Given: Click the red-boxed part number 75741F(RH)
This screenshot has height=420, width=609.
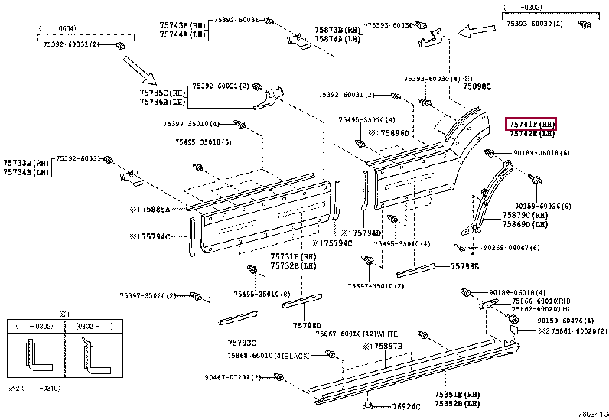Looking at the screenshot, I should click(x=531, y=124).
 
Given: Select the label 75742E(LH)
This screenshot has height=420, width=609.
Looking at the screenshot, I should click(x=531, y=133).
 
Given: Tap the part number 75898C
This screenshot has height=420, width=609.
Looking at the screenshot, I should click(x=477, y=87).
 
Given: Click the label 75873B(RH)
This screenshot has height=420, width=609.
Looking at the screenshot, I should click(x=337, y=30).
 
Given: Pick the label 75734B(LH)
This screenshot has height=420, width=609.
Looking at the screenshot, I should click(x=26, y=172).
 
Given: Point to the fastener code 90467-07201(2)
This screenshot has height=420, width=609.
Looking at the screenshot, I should click(x=233, y=376).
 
